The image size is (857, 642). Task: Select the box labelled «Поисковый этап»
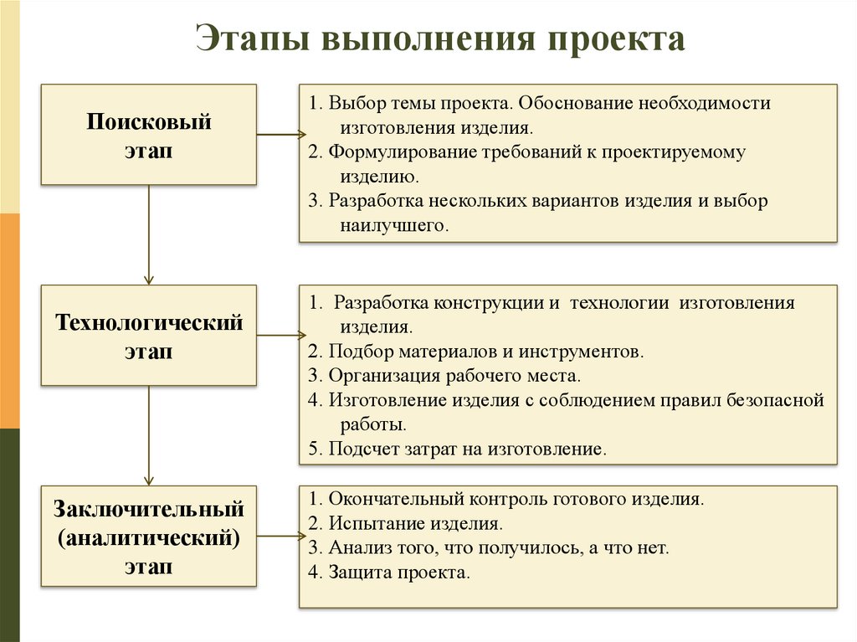pos(149,134)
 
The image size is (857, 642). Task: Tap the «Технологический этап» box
pos(149,335)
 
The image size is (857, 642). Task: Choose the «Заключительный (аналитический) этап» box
pos(149,534)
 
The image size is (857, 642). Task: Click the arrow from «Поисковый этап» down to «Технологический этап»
pos(149,234)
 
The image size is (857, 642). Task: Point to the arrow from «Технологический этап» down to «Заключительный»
pos(149,434)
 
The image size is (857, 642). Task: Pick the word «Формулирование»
pos(398,153)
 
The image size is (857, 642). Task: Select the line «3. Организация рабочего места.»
pos(444,376)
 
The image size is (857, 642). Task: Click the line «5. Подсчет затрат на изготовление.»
pos(456,449)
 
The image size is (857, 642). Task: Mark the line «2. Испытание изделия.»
pos(405,524)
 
